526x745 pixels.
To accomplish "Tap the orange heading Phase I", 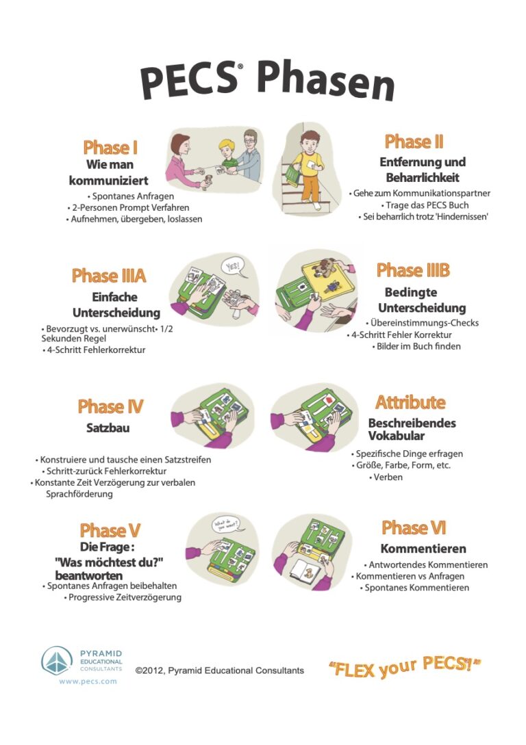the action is click(x=110, y=147).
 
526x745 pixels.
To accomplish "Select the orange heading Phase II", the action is click(x=414, y=142).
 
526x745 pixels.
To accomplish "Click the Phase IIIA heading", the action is click(x=109, y=276).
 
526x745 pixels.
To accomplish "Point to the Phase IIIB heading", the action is click(x=413, y=270).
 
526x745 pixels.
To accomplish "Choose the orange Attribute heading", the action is click(x=410, y=402).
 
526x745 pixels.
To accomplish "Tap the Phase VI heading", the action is click(x=414, y=527).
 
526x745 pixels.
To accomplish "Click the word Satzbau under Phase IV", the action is click(x=108, y=428).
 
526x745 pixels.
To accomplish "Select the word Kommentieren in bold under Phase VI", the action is click(x=423, y=549).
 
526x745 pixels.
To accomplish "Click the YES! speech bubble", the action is click(x=233, y=267).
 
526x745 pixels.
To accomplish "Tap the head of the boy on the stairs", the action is click(x=310, y=142).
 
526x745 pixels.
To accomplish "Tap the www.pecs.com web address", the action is click(x=88, y=681).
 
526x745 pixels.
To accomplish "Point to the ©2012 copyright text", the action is click(x=220, y=670).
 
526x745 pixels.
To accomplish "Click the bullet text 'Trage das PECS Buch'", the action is click(x=425, y=205).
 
